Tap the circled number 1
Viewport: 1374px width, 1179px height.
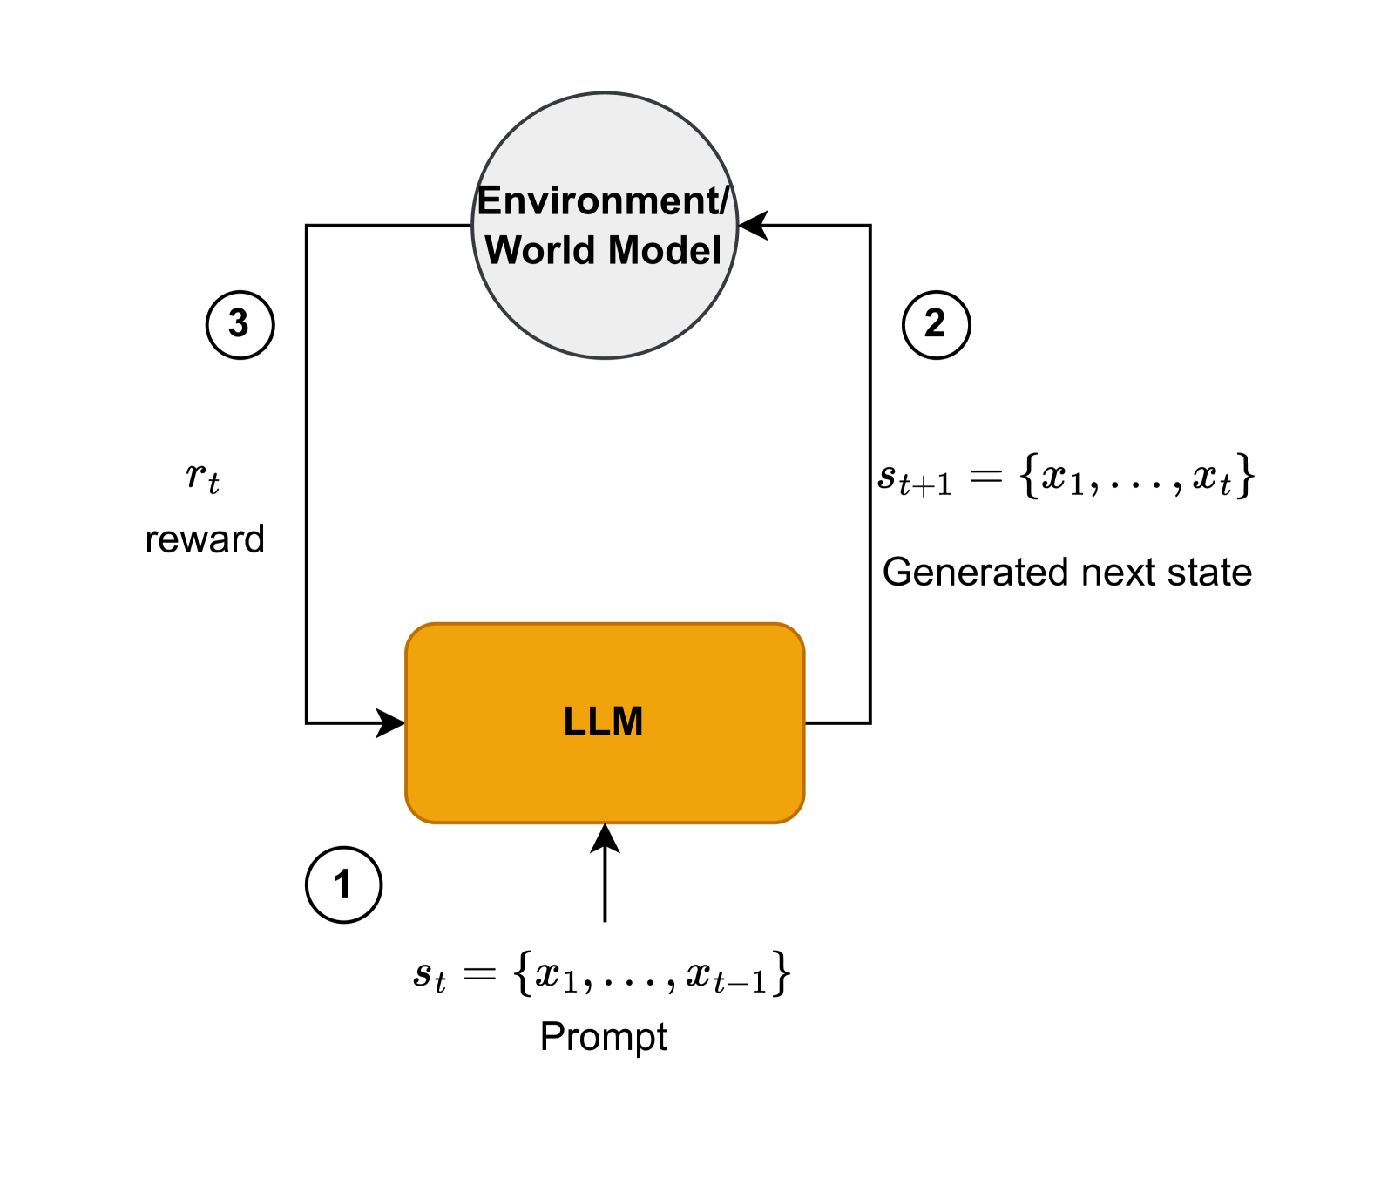click(343, 884)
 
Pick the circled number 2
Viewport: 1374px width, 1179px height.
click(935, 325)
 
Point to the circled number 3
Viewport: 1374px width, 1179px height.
click(240, 325)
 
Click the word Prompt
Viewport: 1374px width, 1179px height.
click(603, 1037)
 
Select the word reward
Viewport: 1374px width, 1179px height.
click(205, 539)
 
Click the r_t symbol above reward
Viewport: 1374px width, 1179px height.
click(202, 478)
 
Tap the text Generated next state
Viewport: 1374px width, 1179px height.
click(1066, 573)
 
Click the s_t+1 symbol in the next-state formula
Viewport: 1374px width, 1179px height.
click(914, 478)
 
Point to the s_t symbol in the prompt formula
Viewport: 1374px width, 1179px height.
click(430, 975)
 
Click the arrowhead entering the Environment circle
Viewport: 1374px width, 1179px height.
click(753, 226)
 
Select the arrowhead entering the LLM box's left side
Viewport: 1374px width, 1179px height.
click(390, 722)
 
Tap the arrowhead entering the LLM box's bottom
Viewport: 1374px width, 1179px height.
click(605, 838)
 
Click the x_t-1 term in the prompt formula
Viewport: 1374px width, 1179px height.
click(727, 975)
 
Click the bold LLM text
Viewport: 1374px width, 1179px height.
click(603, 722)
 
